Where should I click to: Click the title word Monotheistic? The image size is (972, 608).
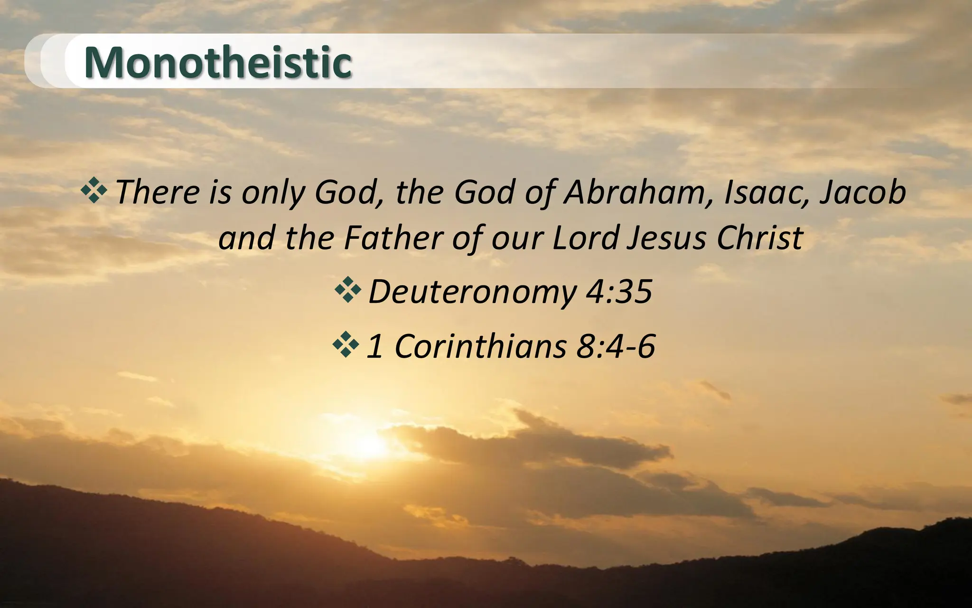(217, 63)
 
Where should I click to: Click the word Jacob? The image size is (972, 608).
(863, 192)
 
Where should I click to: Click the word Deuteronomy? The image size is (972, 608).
(471, 292)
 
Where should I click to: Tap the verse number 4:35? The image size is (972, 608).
(619, 292)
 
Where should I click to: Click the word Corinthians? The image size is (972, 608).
(480, 346)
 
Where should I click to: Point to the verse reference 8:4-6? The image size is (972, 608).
(616, 346)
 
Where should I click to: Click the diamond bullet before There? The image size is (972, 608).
(94, 191)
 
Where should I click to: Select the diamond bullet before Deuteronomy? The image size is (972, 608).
(348, 290)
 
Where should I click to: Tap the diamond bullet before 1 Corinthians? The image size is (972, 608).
(346, 345)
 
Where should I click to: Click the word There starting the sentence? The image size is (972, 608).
(157, 192)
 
